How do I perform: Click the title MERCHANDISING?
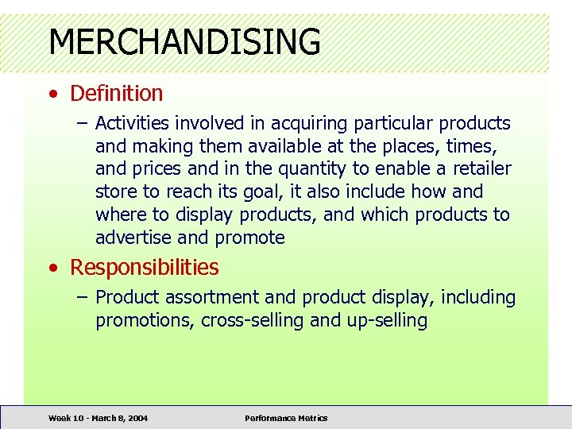pyautogui.click(x=184, y=41)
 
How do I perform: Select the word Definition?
pyautogui.click(x=116, y=94)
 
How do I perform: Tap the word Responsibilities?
pyautogui.click(x=144, y=268)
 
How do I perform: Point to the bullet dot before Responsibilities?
pyautogui.click(x=52, y=269)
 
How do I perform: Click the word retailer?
pyautogui.click(x=482, y=169)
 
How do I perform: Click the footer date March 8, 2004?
pyautogui.click(x=116, y=418)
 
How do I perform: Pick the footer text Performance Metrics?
pyautogui.click(x=286, y=418)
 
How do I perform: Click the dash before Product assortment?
pyautogui.click(x=82, y=298)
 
